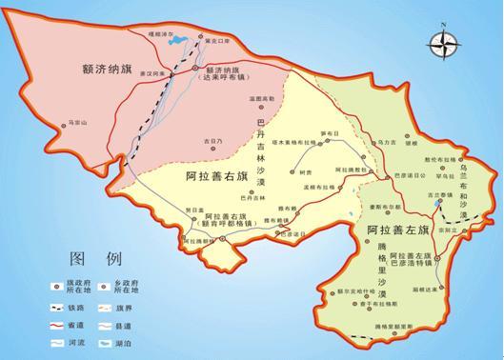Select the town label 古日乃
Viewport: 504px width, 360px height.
(x=212, y=140)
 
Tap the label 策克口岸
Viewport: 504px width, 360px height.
(x=218, y=41)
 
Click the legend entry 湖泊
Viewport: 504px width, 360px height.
(x=143, y=340)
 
